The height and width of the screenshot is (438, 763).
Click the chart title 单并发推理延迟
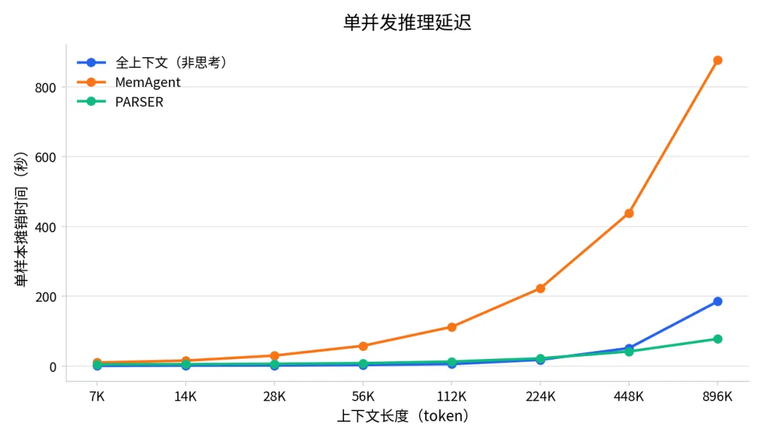(408, 23)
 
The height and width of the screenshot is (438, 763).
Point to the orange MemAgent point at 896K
(717, 60)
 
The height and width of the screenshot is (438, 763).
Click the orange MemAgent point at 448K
(629, 213)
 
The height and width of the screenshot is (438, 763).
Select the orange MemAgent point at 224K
(540, 289)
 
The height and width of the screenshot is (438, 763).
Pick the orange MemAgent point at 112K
(451, 327)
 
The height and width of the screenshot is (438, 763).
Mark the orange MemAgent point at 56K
(363, 346)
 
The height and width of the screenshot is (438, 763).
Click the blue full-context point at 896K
(717, 302)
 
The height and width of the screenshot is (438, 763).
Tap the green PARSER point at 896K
(717, 338)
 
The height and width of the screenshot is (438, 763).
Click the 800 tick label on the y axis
(45, 88)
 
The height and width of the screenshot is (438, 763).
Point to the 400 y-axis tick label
(45, 227)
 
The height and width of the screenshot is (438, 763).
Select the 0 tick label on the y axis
(52, 367)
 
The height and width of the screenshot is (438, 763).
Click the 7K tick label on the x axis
(97, 396)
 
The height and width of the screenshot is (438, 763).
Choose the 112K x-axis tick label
(451, 396)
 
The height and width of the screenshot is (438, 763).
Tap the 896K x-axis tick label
(717, 396)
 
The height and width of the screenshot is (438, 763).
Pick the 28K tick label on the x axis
(274, 396)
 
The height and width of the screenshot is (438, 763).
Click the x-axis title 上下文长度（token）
(403, 416)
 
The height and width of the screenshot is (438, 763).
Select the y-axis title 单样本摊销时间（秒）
(21, 220)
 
